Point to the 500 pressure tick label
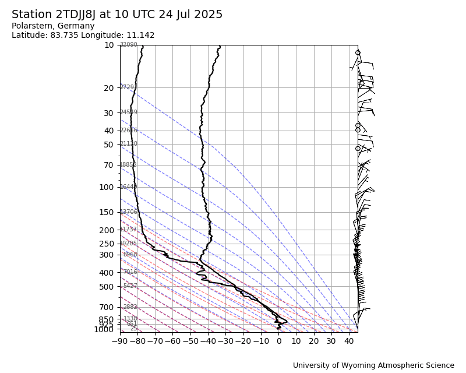(x=106, y=287)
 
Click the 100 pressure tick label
(x=106, y=187)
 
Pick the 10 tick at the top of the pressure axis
(x=109, y=45)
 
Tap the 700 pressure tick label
(x=106, y=307)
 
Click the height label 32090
(x=128, y=45)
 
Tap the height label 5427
(x=130, y=286)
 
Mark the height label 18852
(x=128, y=165)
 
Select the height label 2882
(x=130, y=307)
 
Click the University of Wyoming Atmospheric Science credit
(x=373, y=365)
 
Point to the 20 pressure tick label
(x=109, y=88)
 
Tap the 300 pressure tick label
(x=106, y=255)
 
